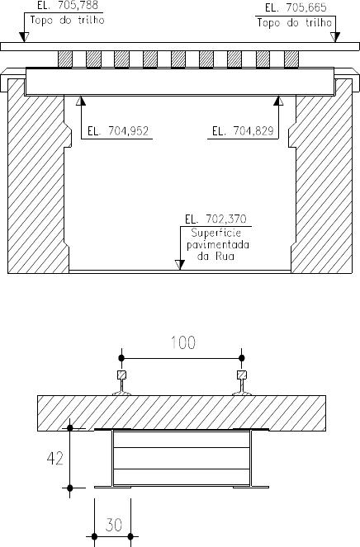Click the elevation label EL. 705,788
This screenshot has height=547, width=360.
point(68,6)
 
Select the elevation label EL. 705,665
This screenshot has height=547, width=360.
point(296,7)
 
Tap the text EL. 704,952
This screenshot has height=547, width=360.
point(118,131)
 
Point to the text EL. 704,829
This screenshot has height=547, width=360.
point(243,131)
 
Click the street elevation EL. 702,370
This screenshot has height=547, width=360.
point(216,219)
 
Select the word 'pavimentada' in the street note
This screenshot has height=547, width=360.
point(218,244)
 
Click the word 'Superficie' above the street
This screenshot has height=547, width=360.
point(216,233)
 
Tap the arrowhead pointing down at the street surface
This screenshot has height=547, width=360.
point(180,265)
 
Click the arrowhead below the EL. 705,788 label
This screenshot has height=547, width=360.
point(24,37)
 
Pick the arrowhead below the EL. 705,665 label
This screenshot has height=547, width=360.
point(335,37)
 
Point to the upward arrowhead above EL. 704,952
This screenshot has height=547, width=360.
point(81,101)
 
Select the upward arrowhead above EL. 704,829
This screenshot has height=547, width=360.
point(278,101)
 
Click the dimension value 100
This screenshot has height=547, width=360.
point(183,343)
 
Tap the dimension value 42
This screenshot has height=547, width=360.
point(55,458)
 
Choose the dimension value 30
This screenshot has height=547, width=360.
point(114,525)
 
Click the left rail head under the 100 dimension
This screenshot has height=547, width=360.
point(121,375)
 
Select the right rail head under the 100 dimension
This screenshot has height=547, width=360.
point(242,375)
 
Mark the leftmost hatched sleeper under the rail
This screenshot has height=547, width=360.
point(65,59)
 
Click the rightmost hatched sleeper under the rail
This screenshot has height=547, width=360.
point(291,59)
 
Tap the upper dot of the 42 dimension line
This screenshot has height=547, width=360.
point(70,427)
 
